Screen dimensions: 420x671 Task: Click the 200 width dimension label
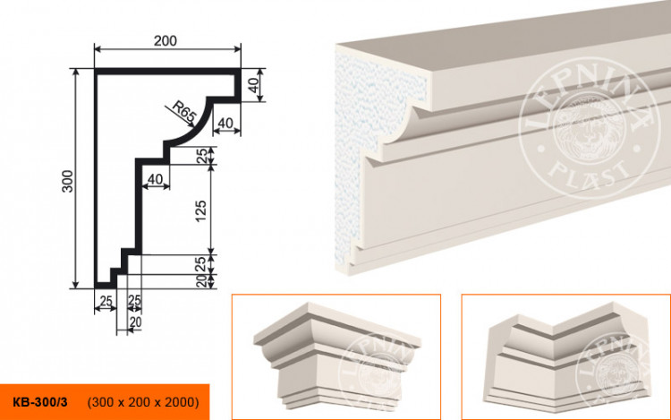tap(165, 39)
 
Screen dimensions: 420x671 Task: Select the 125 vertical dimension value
tap(200, 210)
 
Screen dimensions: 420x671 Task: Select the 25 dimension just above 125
tap(200, 154)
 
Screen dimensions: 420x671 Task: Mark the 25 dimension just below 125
tap(200, 263)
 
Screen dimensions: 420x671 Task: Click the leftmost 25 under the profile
tap(105, 299)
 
